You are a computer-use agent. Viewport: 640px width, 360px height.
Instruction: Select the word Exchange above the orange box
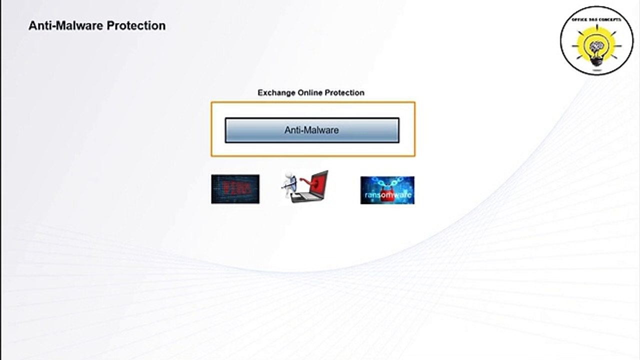[276, 92]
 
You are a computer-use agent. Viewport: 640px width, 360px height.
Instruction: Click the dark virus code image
[235, 189]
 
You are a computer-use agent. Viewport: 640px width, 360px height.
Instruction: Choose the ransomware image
[387, 190]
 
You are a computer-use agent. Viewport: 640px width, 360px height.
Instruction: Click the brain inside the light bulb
[597, 47]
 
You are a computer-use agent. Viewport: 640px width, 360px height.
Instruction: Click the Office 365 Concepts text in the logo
[596, 19]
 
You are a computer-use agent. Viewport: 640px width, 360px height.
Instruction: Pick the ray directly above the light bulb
[597, 25]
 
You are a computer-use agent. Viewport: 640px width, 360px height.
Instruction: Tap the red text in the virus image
[234, 188]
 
